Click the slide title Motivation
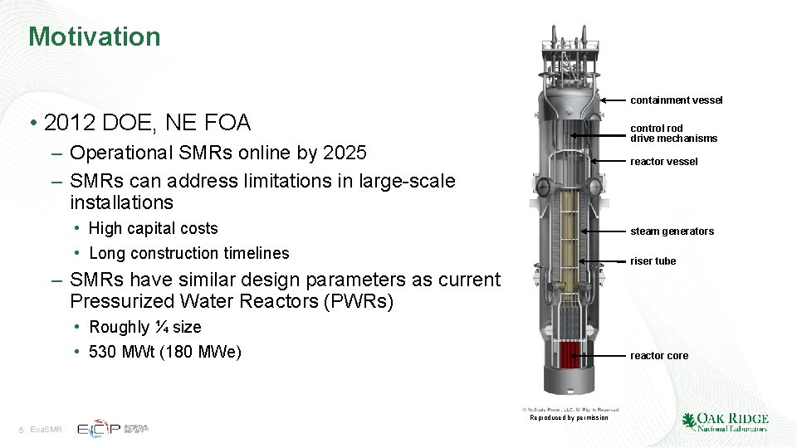click(x=94, y=37)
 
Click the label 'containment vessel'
click(x=676, y=100)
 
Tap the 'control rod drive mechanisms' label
click(x=673, y=133)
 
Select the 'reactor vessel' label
click(x=663, y=162)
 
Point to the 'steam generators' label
click(x=672, y=231)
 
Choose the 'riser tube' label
click(x=653, y=261)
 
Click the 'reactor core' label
click(x=658, y=356)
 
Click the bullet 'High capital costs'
click(x=153, y=228)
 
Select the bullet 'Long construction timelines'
click(x=188, y=253)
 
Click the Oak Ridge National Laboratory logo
click(x=725, y=421)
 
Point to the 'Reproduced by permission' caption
click(x=569, y=417)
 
